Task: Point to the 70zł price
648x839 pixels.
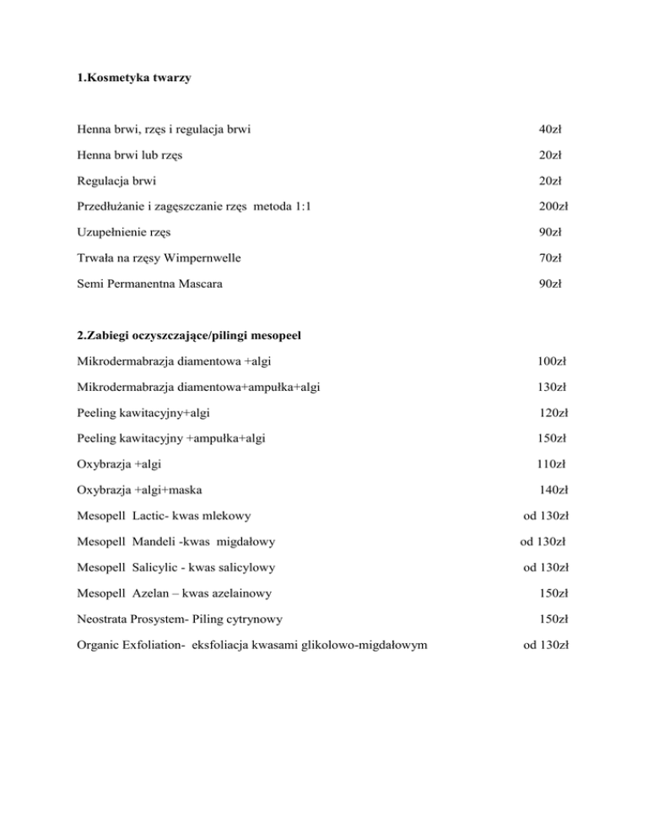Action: (551, 256)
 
